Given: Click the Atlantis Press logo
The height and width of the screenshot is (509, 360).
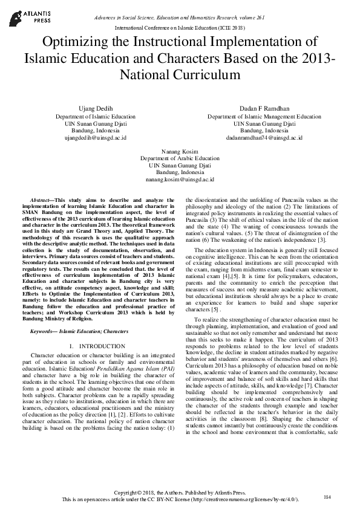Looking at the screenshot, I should click(22, 16).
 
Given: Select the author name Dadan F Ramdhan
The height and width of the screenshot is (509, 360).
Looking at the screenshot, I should click(256, 108).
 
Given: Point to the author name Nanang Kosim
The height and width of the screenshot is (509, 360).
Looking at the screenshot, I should click(180, 150).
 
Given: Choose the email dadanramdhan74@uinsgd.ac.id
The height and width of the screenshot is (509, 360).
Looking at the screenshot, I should click(256, 138).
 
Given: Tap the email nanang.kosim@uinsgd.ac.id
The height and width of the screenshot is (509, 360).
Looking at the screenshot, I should click(180, 180).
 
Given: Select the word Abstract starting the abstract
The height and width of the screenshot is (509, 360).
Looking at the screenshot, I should click(41, 199).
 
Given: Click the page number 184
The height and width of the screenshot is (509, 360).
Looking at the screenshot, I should click(327, 497).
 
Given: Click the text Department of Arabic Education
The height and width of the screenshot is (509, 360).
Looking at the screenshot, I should click(180, 157).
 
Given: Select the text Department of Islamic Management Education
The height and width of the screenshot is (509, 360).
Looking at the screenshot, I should click(256, 116).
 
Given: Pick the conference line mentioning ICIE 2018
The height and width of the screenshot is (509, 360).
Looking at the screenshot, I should click(180, 28).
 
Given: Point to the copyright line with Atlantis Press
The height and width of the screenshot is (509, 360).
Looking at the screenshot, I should click(180, 492).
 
